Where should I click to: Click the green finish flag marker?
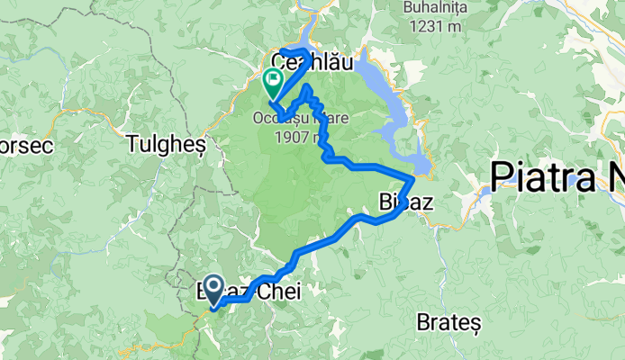pos(272,84)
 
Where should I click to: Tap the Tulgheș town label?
pos(168,143)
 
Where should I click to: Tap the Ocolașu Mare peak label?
pos(301,117)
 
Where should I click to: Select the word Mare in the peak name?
pos(324,117)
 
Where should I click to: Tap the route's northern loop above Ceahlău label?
pos(297,50)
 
